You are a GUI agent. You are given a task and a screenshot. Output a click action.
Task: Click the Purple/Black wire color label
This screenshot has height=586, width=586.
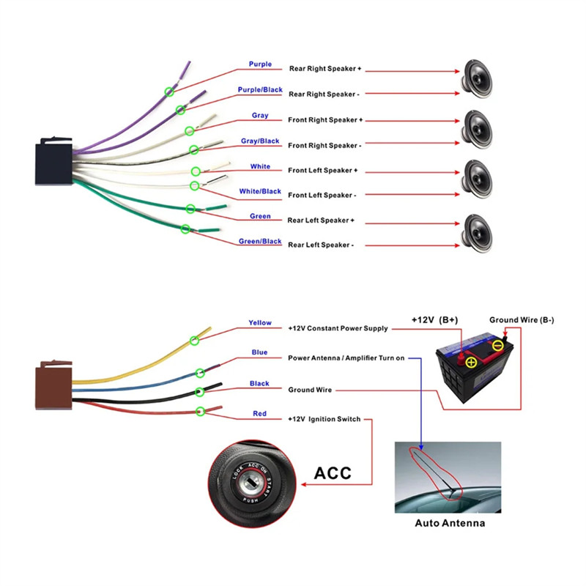pyautogui.click(x=259, y=89)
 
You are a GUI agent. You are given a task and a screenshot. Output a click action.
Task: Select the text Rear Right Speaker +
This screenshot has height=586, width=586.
pyautogui.click(x=325, y=69)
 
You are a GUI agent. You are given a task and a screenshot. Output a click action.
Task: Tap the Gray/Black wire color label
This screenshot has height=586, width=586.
pyautogui.click(x=260, y=141)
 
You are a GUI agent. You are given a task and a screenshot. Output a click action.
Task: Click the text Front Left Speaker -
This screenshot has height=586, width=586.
pyautogui.click(x=322, y=196)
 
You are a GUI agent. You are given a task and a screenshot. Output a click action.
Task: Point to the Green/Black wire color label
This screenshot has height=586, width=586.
pyautogui.click(x=260, y=241)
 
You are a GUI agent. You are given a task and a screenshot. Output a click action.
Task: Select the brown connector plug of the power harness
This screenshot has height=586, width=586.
pyautogui.click(x=51, y=384)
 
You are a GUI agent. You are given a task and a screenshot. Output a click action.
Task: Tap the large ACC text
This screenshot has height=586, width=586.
pyautogui.click(x=333, y=474)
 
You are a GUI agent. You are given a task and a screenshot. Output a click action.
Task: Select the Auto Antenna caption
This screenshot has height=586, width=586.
pyautogui.click(x=450, y=523)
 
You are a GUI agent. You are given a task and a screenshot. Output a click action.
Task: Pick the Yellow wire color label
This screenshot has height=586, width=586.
pyautogui.click(x=259, y=322)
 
